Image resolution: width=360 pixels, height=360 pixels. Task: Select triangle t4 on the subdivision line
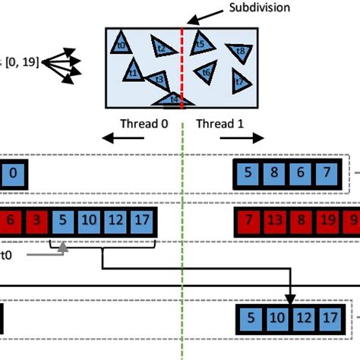click(x=173, y=99)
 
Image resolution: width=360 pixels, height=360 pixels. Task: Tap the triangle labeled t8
click(x=240, y=52)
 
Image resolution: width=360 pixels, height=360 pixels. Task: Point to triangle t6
click(x=205, y=72)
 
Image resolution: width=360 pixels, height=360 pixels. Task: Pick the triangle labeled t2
click(x=160, y=47)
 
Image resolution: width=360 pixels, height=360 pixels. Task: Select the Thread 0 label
click(x=144, y=124)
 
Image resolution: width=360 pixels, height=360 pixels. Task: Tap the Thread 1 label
click(x=220, y=124)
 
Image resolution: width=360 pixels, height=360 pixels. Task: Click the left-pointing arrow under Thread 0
click(x=124, y=138)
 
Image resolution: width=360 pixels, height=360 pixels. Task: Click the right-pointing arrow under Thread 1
click(x=242, y=138)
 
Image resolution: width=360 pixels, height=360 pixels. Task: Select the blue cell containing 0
click(x=13, y=174)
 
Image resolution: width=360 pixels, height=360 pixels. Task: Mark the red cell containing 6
click(x=10, y=222)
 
